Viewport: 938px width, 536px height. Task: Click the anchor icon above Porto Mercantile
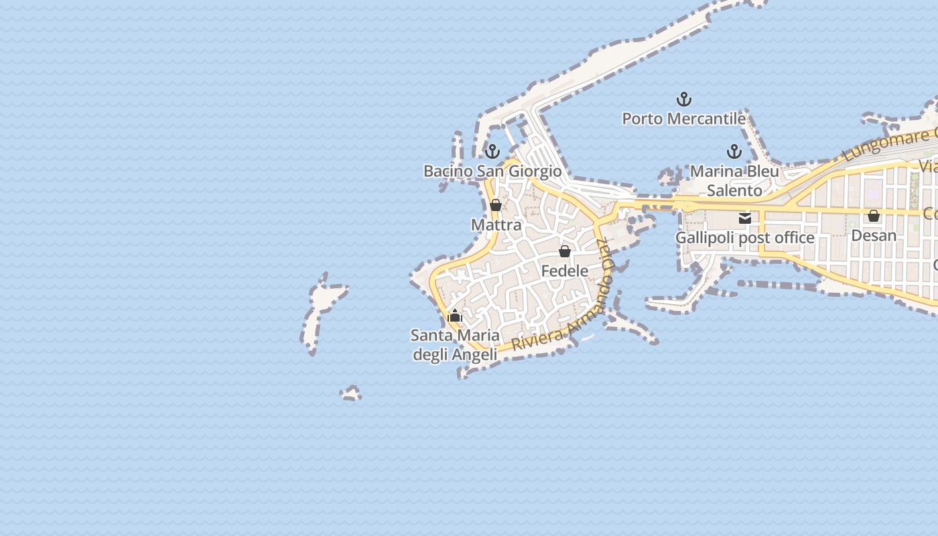683,100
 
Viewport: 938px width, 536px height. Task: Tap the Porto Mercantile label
683,119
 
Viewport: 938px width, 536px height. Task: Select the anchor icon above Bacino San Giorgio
492,151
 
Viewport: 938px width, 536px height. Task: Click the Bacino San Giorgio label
492,171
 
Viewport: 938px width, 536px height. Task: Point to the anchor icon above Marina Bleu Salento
734,151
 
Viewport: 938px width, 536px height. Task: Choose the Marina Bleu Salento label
734,181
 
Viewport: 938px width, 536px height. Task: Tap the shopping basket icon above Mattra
496,205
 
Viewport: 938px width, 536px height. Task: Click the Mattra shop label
496,224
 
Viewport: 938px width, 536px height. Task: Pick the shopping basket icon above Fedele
565,251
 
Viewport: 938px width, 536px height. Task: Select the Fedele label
565,271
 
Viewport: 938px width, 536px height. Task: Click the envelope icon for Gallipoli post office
744,218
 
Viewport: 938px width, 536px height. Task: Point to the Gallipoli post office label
744,238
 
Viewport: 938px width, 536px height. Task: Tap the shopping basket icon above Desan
874,216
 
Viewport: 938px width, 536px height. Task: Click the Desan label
874,235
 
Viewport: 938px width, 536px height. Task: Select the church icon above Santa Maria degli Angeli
455,316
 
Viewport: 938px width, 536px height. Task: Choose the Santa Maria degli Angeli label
455,344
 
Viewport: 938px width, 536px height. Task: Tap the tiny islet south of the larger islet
350,393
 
